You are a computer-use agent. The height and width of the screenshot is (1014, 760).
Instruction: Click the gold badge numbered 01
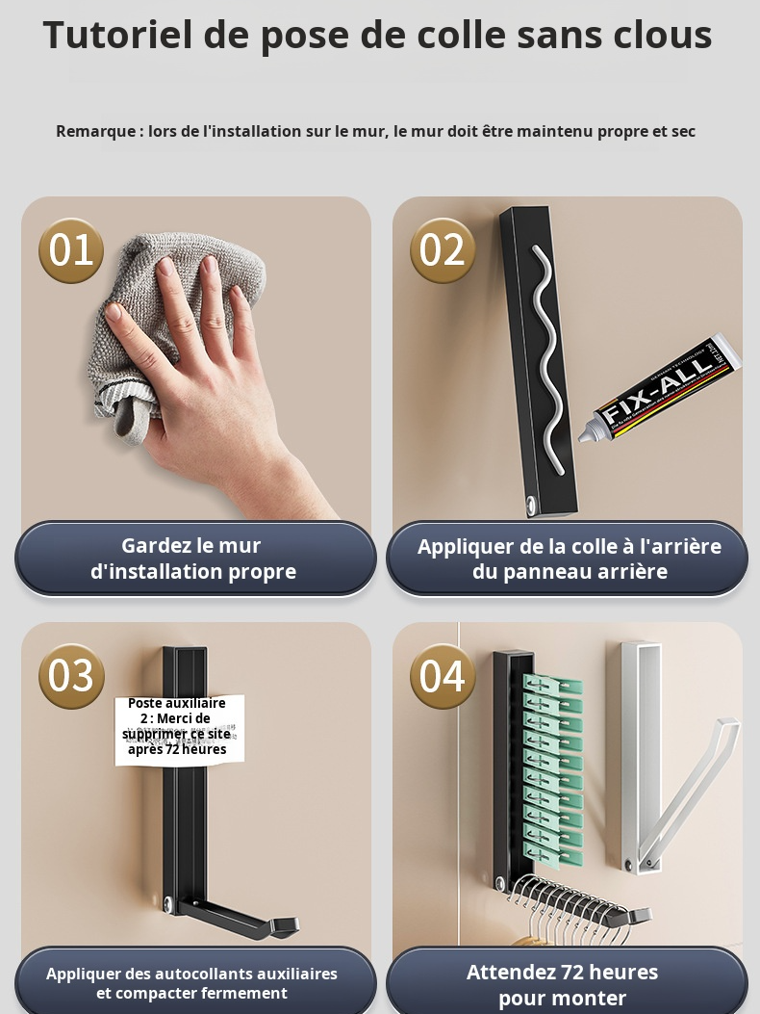pyautogui.click(x=71, y=250)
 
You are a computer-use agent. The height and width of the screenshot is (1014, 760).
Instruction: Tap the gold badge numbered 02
pyautogui.click(x=443, y=250)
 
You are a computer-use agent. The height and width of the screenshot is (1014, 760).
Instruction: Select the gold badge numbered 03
pyautogui.click(x=71, y=676)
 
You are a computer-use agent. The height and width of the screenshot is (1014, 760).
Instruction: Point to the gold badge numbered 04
pyautogui.click(x=443, y=676)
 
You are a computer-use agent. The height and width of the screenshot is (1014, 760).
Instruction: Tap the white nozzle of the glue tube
pyautogui.click(x=586, y=434)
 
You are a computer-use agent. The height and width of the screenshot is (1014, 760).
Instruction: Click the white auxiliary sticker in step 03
pyautogui.click(x=180, y=730)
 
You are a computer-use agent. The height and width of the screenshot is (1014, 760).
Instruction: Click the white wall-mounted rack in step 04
pyautogui.click(x=639, y=751)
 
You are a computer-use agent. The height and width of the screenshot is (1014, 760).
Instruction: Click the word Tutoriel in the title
pyautogui.click(x=116, y=36)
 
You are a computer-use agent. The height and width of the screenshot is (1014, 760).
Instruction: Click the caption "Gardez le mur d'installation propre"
pyautogui.click(x=193, y=559)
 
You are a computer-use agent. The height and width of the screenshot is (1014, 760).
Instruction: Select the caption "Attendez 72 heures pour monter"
pyautogui.click(x=563, y=984)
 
